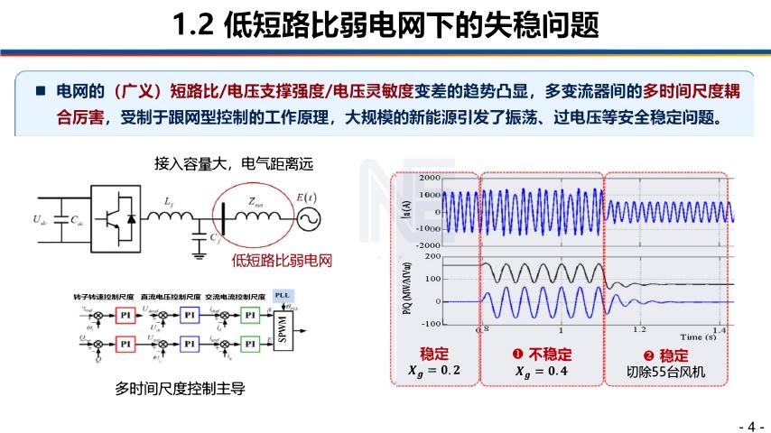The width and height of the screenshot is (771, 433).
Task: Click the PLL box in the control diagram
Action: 283,296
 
